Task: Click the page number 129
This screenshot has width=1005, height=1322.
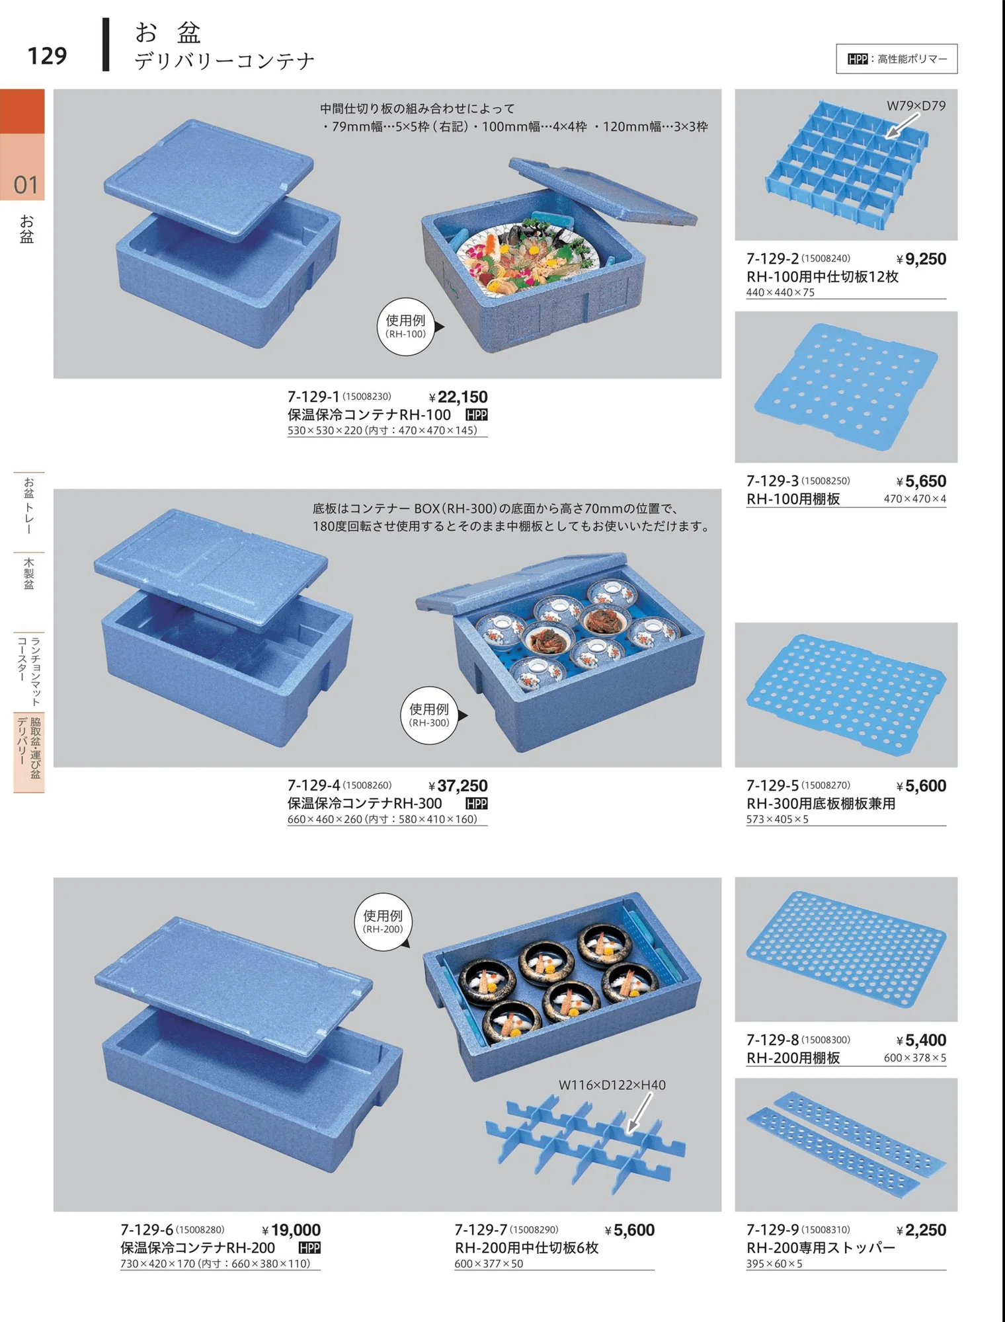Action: click(x=47, y=56)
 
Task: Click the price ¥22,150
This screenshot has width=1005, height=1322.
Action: click(x=458, y=397)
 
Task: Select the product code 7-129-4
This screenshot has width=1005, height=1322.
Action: click(x=313, y=785)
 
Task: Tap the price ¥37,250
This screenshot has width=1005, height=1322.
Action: click(x=458, y=785)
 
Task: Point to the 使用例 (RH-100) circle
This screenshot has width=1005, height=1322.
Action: click(x=406, y=327)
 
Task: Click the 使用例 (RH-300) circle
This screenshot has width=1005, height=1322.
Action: click(x=430, y=715)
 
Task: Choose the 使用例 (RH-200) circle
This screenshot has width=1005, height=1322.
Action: click(x=383, y=921)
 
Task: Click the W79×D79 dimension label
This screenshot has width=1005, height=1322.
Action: click(x=916, y=106)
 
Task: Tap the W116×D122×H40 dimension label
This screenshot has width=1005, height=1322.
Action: click(x=612, y=1085)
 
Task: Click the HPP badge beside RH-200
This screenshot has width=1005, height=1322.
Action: click(x=309, y=1247)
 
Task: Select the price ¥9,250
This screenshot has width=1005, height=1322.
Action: click(x=922, y=259)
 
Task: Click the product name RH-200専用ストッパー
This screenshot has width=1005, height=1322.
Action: click(x=821, y=1247)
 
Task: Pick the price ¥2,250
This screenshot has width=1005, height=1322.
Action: click(x=922, y=1230)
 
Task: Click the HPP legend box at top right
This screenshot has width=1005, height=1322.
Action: click(x=897, y=59)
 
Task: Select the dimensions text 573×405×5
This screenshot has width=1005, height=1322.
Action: click(x=778, y=819)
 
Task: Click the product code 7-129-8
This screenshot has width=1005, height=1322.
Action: click(x=772, y=1040)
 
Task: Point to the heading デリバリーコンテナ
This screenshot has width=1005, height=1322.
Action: click(x=225, y=61)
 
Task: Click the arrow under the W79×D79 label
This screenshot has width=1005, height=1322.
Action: click(x=902, y=126)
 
